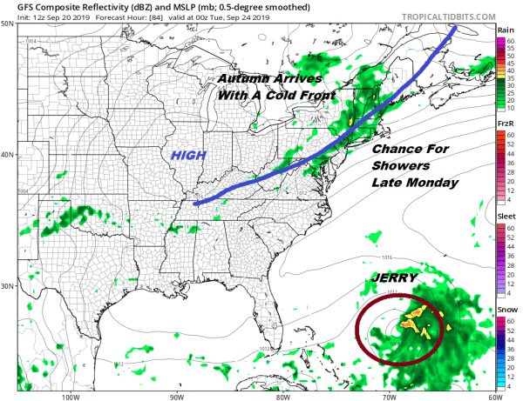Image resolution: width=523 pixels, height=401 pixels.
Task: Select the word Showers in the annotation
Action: point(400,166)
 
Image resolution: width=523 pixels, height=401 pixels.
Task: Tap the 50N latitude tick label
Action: point(8,24)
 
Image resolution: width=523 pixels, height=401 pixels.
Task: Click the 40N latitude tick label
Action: point(8,156)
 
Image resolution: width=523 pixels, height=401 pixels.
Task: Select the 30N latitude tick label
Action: point(8,287)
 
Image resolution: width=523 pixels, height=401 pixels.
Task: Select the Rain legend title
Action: point(505,30)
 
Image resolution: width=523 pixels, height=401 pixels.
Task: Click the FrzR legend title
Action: point(505,125)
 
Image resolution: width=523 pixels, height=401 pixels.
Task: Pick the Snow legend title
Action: point(505,311)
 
